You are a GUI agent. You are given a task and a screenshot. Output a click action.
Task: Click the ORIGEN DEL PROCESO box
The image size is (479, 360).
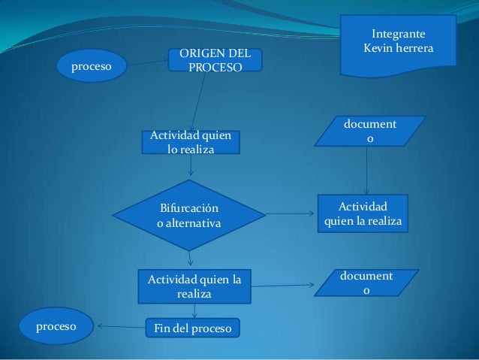215,60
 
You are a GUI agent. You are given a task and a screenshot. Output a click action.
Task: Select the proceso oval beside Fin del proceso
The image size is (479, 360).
57,327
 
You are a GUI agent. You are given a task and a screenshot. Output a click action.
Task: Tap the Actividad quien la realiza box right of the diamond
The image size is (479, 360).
363,213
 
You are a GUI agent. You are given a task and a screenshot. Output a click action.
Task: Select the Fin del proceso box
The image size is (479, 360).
192,328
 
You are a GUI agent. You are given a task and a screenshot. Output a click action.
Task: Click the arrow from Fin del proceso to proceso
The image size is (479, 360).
120,327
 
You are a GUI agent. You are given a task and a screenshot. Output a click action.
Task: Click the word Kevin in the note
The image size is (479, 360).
380,48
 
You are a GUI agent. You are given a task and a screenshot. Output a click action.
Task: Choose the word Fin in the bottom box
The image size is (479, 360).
163,328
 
